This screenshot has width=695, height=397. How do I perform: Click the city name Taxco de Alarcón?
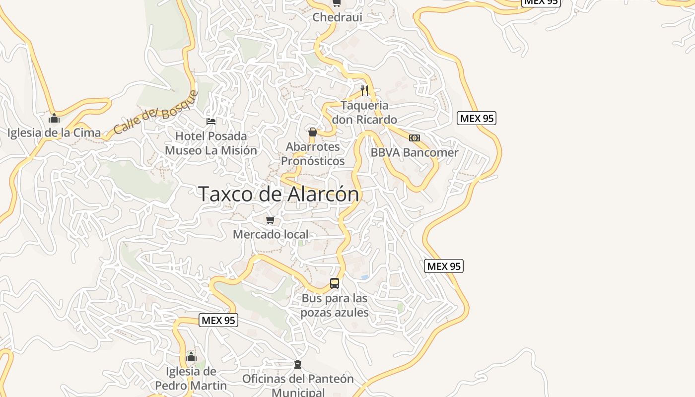[278, 194]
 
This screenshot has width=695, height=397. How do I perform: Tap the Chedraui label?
[337, 17]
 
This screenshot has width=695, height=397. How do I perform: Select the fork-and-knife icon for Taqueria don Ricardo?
[364, 90]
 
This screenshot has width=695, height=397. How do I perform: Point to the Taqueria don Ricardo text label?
[364, 113]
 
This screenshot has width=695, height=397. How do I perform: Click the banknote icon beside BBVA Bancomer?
[415, 138]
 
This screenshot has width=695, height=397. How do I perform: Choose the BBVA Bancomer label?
[415, 152]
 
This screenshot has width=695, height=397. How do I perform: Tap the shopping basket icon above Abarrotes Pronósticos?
[313, 132]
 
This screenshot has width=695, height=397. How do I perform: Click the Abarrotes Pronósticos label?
[313, 154]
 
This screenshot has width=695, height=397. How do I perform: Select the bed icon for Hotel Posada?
[211, 121]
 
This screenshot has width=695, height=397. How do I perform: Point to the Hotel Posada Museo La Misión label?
[211, 143]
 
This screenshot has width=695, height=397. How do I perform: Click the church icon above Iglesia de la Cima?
[54, 119]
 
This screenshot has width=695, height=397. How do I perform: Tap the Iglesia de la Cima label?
[54, 133]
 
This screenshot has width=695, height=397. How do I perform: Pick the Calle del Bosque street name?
[155, 113]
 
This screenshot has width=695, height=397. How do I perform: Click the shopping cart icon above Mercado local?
[271, 220]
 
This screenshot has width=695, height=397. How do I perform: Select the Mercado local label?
[271, 234]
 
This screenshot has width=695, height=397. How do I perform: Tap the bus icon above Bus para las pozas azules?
[335, 283]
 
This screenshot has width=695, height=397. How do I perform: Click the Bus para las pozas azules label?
[335, 305]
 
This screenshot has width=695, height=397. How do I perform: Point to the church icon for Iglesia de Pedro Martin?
[191, 357]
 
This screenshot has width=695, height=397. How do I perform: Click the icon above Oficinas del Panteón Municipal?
[298, 365]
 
